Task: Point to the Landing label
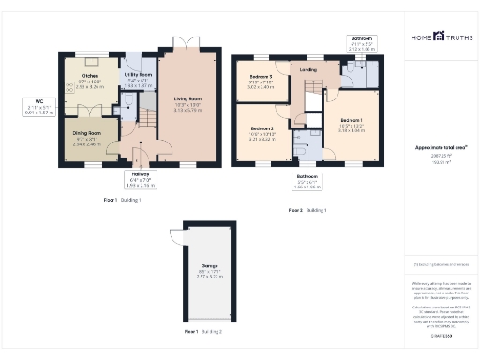pos(307,69)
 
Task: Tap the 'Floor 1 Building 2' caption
pos(202,331)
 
